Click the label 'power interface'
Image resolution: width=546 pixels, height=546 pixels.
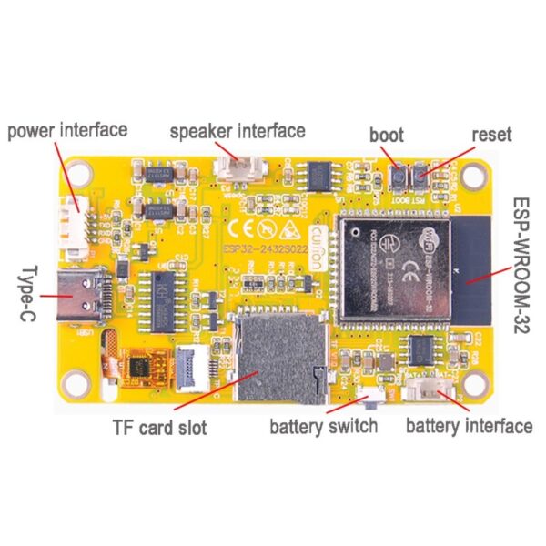(68, 130)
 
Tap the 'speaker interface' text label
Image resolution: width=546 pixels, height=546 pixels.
(238, 131)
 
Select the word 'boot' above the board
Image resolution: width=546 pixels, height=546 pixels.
(386, 136)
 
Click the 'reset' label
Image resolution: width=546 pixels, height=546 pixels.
(491, 135)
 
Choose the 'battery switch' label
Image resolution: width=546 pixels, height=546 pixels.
(323, 426)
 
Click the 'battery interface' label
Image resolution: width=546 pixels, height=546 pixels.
(469, 426)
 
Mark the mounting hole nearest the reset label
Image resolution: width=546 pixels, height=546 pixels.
(474, 172)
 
